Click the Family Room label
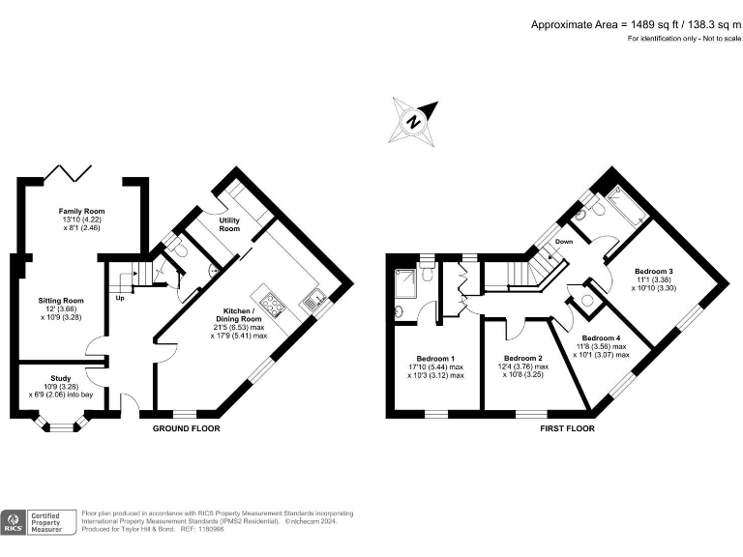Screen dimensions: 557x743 click(x=81, y=211)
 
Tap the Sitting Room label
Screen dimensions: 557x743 click(x=61, y=301)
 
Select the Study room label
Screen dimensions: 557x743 click(x=60, y=379)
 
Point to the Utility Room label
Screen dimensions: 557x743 click(x=229, y=225)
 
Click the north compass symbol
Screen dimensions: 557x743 click(x=413, y=123)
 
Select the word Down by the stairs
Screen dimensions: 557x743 click(x=565, y=241)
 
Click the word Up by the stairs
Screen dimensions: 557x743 click(x=121, y=297)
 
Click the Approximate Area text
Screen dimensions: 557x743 click(x=634, y=24)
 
